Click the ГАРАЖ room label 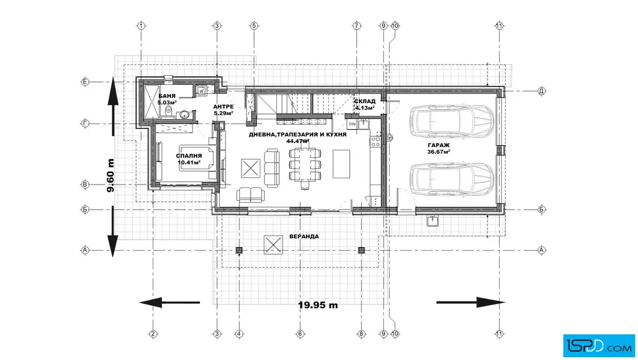coord(438,145)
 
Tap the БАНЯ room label coord(167,96)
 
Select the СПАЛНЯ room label coord(189,156)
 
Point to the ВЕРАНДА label coord(304,236)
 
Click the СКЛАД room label coord(365,101)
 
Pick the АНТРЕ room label coord(223,107)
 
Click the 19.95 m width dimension coord(318,305)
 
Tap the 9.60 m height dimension coord(110,175)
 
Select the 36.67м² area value coord(438,152)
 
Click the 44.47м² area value coord(297,141)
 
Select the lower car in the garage coord(451,179)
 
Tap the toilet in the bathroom coord(169,113)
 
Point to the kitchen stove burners coord(375,141)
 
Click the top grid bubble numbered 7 coord(357,26)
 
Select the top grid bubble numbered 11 coord(499,26)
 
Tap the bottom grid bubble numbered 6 coord(300,334)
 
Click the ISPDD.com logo coord(599,346)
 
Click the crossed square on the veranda coord(273,244)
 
